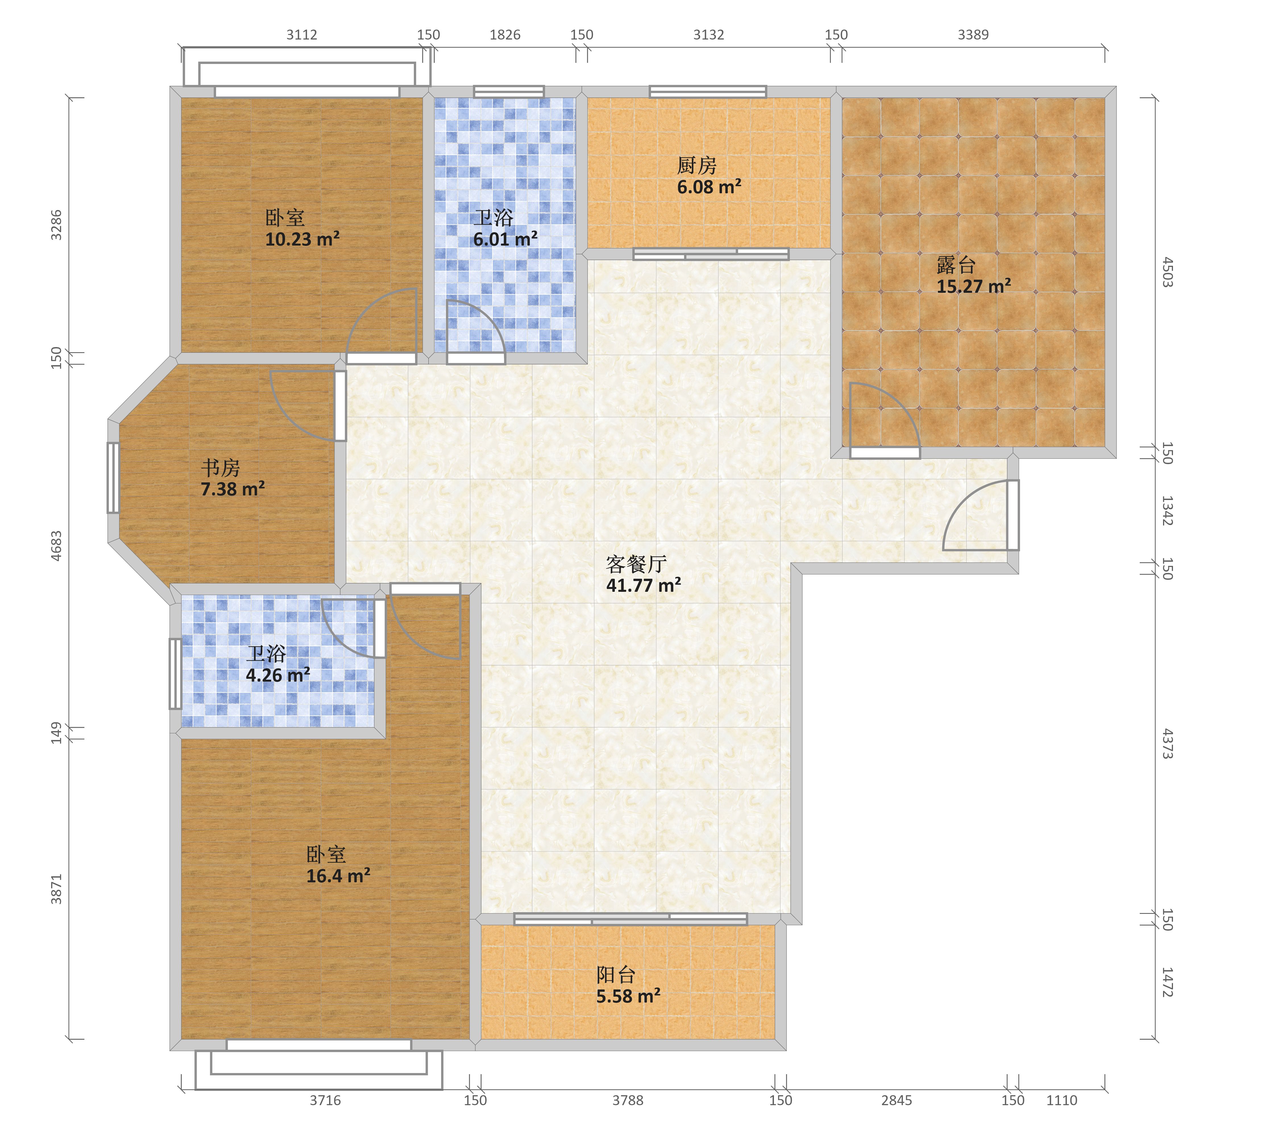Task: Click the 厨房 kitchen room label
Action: (x=696, y=166)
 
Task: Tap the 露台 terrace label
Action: (x=956, y=265)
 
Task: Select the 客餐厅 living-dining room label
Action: (x=636, y=565)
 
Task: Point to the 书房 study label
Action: (x=220, y=468)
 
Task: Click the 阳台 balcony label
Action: (x=616, y=975)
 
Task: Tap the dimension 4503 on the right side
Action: (x=1167, y=272)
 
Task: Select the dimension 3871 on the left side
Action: (x=56, y=889)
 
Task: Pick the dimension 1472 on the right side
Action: (x=1167, y=982)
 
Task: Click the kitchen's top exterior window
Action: (x=708, y=91)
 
